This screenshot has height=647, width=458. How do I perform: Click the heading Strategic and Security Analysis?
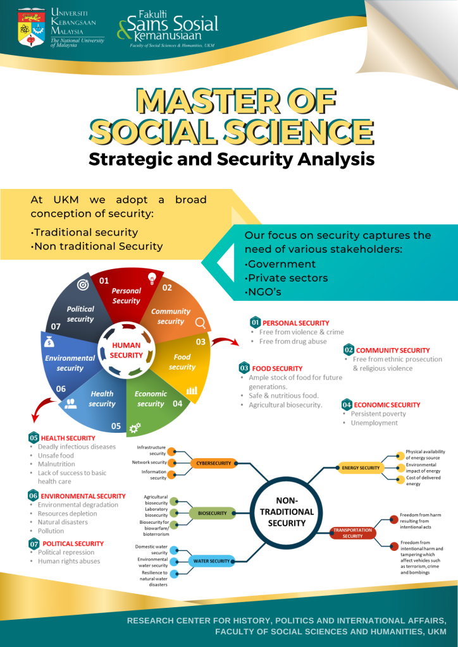(x=232, y=158)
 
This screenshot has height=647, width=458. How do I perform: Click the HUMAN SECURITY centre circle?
(x=126, y=351)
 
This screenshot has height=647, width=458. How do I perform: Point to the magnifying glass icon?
(x=201, y=323)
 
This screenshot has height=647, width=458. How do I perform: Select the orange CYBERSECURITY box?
(x=213, y=463)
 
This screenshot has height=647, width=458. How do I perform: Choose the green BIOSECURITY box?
(x=212, y=513)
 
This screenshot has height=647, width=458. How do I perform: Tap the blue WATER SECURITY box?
(x=211, y=560)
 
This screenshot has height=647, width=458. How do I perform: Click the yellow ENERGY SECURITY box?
(x=359, y=468)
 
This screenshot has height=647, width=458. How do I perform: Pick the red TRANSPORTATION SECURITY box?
(x=353, y=533)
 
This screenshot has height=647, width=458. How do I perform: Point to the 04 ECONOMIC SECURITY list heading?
(x=387, y=404)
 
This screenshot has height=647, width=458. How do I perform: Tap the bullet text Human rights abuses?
(x=69, y=561)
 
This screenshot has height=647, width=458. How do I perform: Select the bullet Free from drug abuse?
(x=293, y=341)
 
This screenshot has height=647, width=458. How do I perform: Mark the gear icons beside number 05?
(x=134, y=428)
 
